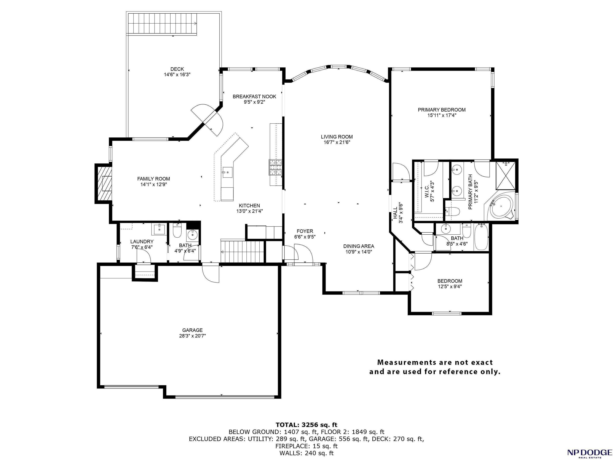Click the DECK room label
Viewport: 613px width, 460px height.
point(177,69)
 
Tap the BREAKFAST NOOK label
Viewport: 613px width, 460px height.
point(254,96)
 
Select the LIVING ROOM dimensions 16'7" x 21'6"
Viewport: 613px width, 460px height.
point(337,142)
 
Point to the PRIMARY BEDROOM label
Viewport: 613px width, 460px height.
point(442,110)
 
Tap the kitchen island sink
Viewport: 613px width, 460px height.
point(227,172)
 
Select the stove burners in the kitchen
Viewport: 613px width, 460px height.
point(275,168)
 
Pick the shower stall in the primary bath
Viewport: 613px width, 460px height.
point(505,175)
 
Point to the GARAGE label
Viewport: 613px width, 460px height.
point(192,330)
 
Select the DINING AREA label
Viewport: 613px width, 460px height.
point(359,246)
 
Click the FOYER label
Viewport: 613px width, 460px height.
point(305,231)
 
